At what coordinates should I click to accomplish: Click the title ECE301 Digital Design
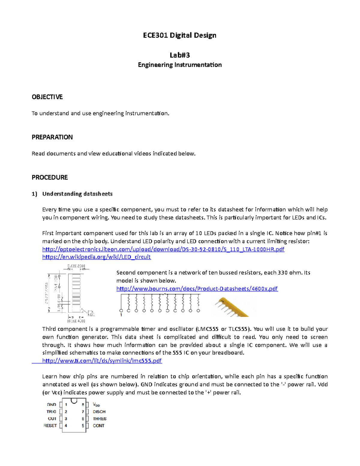179,35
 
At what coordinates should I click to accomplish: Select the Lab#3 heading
179,55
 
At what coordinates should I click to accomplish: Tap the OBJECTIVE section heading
47,97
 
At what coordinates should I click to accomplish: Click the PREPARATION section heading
52,137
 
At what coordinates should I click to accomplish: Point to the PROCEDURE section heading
50,177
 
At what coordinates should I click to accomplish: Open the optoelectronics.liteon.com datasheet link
163,249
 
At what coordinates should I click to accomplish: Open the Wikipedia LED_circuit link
96,257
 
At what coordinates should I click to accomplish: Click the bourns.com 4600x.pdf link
197,289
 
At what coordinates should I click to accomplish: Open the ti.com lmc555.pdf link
102,361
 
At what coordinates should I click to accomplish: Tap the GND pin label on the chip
52,405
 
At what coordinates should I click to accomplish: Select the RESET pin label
50,426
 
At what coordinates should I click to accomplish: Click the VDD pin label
96,405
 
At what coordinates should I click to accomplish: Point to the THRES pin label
100,419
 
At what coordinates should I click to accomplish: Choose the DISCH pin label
99,412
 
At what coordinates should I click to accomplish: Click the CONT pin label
98,426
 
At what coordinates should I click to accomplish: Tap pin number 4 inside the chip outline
66,426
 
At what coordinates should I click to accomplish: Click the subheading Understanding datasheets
77,194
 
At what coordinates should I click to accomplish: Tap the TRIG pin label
51,412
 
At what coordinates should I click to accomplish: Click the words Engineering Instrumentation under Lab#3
180,65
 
